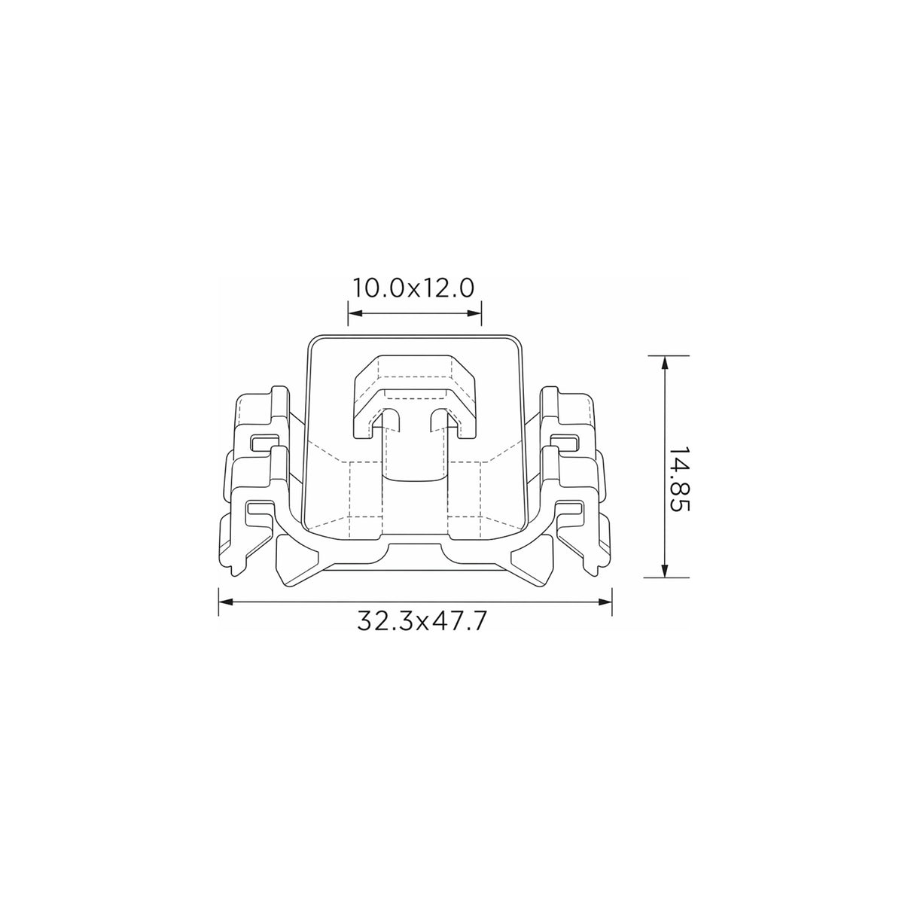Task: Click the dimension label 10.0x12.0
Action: [413, 288]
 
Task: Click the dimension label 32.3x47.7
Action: [421, 621]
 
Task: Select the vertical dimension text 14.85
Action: [679, 479]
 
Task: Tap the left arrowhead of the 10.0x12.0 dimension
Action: [355, 313]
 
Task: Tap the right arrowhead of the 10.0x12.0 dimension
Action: [474, 313]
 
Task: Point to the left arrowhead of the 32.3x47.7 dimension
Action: [226, 602]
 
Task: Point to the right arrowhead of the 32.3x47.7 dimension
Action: [605, 602]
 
